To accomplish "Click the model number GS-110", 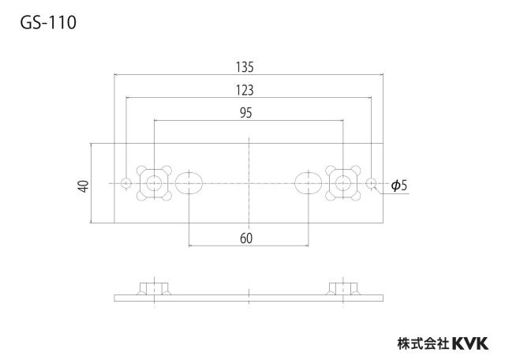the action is (x=48, y=23).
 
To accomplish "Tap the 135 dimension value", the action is (x=245, y=67).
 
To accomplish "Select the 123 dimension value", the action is (x=245, y=90).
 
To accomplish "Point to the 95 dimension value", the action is (x=245, y=113).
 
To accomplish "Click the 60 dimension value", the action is (x=246, y=238).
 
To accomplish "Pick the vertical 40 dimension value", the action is (x=84, y=186).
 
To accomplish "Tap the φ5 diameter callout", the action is (x=399, y=186).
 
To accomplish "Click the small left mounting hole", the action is (x=126, y=183).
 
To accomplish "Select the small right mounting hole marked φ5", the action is (x=372, y=183).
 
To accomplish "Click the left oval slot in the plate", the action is (x=189, y=183).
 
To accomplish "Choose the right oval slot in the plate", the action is (x=309, y=183).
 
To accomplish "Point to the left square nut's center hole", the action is (x=154, y=183).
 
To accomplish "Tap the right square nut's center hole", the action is (x=343, y=183).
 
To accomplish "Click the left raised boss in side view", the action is (x=154, y=288).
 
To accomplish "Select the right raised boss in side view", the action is (x=343, y=288).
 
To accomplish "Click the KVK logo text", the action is (x=470, y=343).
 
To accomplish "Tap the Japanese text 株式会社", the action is (x=424, y=343).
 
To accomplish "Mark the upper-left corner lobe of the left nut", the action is (x=141, y=171).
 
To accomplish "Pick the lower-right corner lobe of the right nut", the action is (x=356, y=196).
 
